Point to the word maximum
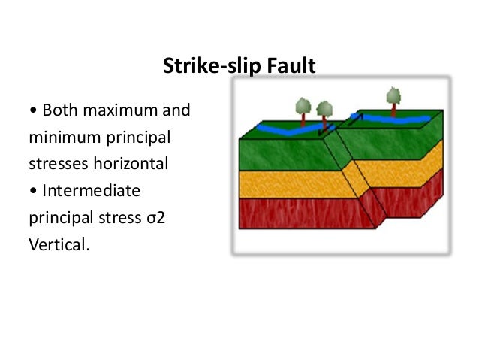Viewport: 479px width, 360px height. (120, 112)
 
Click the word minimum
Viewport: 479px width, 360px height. (60, 138)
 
